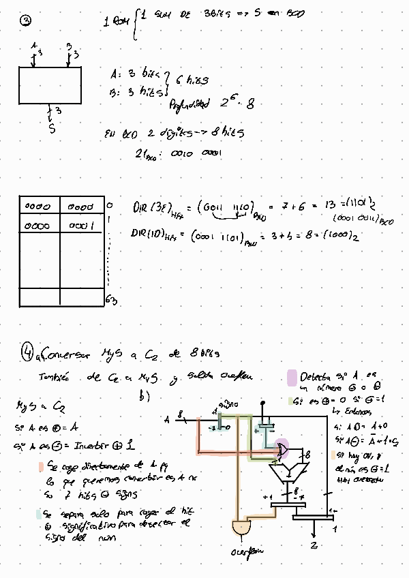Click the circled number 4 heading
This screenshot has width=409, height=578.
coord(27,352)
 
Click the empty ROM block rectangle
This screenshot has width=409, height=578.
coord(50,85)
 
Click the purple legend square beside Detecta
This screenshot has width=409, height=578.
coord(292,377)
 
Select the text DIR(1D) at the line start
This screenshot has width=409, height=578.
coord(146,234)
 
